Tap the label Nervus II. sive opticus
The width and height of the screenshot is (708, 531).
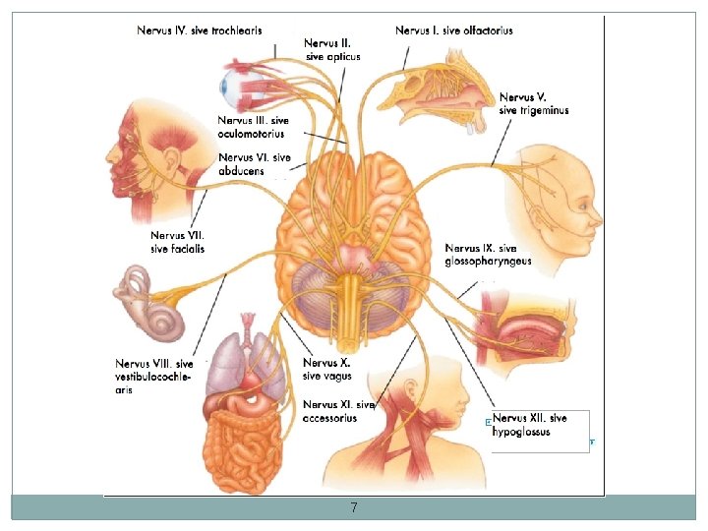[x=331, y=50]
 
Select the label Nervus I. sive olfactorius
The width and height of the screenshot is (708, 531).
[x=454, y=30]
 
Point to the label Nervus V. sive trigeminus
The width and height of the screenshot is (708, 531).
[x=534, y=103]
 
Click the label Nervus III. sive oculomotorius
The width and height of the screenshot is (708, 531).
[x=252, y=128]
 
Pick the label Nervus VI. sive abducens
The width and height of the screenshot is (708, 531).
[x=254, y=164]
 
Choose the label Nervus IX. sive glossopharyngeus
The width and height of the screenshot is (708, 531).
[x=488, y=254]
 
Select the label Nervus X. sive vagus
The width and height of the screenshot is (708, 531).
[x=326, y=369]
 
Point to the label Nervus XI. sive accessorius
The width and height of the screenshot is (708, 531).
[x=338, y=410]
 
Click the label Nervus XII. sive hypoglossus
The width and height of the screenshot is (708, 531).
[x=531, y=425]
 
